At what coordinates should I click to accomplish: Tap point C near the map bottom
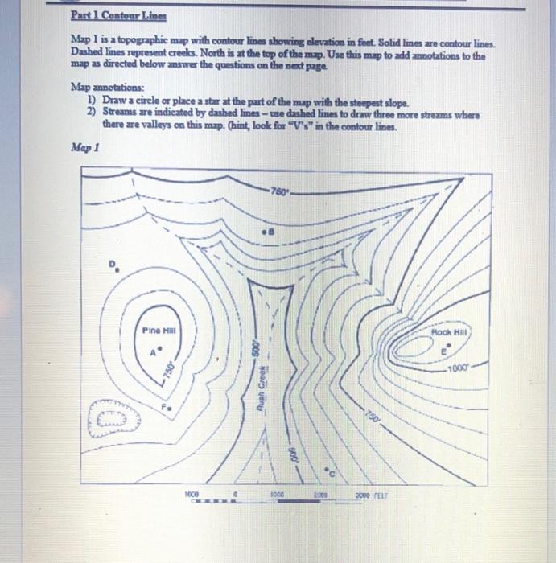coord(330,467)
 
